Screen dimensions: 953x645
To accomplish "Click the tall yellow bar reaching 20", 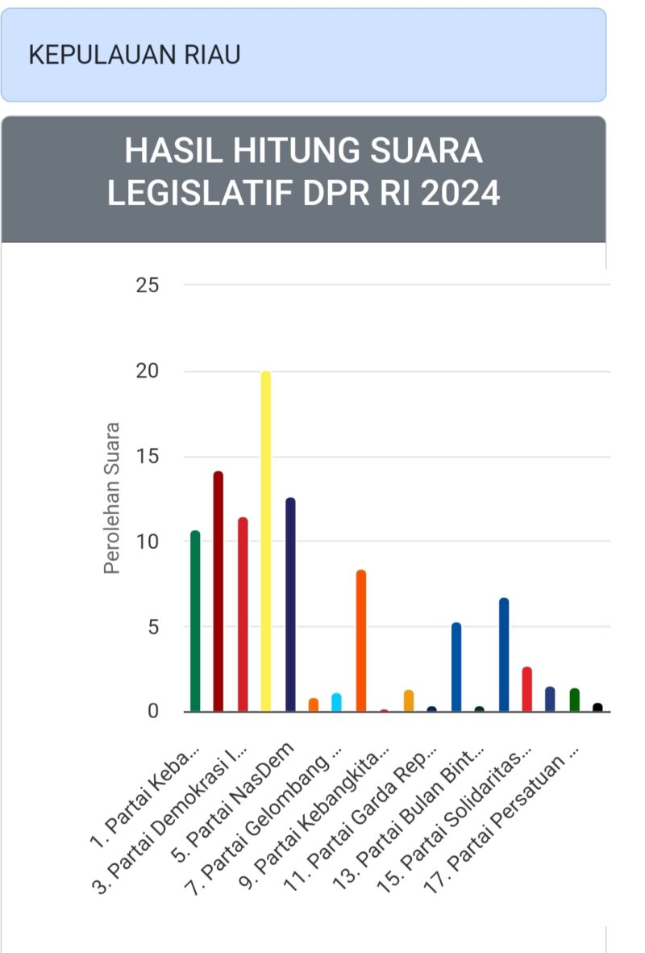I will click(265, 541).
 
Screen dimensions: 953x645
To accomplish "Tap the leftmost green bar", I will click(195, 621).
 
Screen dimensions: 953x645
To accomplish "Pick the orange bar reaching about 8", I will click(361, 641).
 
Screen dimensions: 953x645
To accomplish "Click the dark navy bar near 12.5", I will click(290, 605).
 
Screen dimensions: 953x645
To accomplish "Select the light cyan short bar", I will click(337, 702).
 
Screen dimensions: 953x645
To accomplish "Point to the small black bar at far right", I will click(597, 707).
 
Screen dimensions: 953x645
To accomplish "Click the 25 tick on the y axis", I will click(148, 286).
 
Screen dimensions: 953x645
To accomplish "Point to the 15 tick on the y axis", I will click(148, 457).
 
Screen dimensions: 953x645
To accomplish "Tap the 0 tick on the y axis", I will click(152, 712).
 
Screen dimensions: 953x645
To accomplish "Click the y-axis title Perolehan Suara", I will click(112, 498).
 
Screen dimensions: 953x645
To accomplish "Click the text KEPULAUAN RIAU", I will click(135, 55).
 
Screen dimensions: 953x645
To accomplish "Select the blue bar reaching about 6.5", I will click(504, 654).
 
